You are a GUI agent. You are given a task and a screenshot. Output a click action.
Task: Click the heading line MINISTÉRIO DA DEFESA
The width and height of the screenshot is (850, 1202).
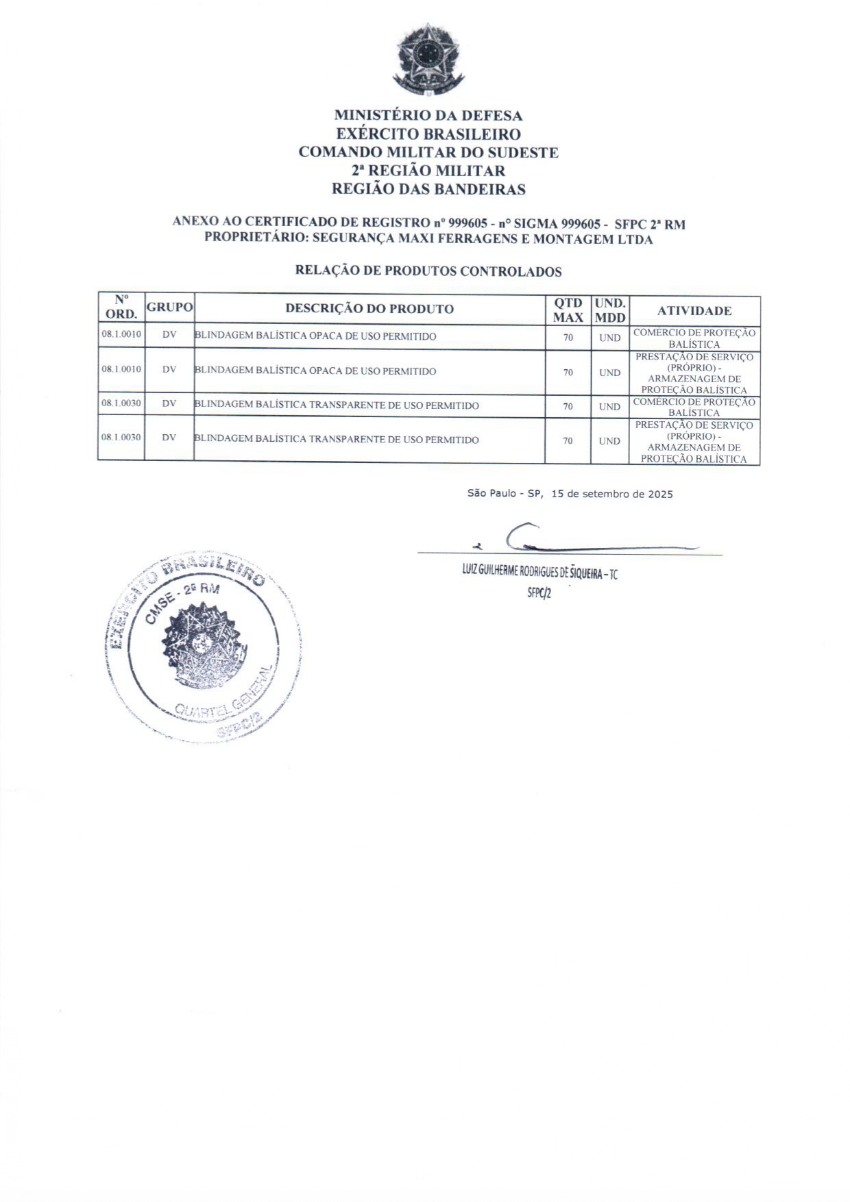pos(428,116)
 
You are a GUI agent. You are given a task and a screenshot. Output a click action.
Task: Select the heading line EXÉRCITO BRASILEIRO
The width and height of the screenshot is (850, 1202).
pos(428,134)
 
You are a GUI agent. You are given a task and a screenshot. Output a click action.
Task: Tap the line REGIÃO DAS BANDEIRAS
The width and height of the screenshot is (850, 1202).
pos(428,190)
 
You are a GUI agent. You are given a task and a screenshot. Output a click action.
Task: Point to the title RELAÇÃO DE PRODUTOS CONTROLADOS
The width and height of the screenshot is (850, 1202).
pos(428,271)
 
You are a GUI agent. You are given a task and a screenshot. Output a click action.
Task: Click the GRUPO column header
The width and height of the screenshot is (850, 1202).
pos(169,308)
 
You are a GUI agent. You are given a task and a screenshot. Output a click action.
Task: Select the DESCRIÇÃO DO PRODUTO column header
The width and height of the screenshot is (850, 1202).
pos(369,309)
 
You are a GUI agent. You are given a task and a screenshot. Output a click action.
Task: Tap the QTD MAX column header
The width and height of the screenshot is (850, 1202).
pos(568,310)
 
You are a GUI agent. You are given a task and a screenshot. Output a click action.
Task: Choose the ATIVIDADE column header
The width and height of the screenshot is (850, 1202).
pos(694,311)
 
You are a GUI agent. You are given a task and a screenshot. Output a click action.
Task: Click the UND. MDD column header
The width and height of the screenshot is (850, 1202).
pos(610,310)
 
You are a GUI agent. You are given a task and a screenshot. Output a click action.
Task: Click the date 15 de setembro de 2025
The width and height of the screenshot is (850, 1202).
pos(611,494)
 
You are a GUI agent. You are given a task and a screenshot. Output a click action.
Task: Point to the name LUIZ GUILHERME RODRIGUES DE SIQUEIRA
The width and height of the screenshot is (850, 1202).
pos(531,573)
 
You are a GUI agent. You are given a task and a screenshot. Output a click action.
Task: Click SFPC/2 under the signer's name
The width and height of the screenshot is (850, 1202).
pos(539,593)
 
